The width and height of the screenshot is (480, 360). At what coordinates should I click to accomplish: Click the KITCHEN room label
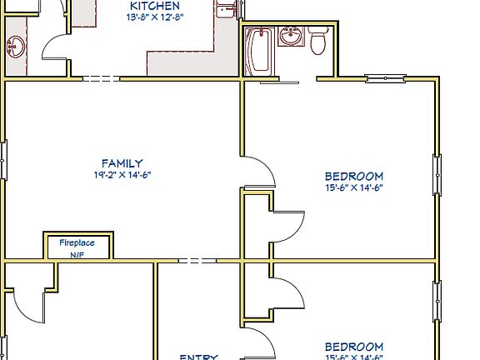click(154, 5)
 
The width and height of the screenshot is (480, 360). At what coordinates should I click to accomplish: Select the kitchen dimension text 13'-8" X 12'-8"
click(155, 17)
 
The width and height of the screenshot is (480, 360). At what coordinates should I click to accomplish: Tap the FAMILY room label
click(122, 163)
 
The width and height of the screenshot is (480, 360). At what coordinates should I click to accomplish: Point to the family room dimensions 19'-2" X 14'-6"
click(122, 175)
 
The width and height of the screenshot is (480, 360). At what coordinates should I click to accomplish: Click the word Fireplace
click(77, 242)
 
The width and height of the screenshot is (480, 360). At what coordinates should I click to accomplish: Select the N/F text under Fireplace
click(77, 254)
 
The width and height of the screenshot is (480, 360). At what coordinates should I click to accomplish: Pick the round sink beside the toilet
click(291, 37)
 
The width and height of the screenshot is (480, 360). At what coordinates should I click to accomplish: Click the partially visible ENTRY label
click(198, 357)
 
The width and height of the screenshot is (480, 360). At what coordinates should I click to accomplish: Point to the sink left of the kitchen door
click(16, 47)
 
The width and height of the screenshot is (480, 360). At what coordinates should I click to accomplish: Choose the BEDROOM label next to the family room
click(354, 176)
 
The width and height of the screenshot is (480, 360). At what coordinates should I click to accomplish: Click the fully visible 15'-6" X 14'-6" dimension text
click(354, 187)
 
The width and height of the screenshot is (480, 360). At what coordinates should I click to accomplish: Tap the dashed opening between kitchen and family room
click(101, 79)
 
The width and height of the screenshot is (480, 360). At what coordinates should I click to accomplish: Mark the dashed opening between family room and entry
click(197, 261)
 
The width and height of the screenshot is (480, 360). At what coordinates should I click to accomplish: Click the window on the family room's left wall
click(2, 160)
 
